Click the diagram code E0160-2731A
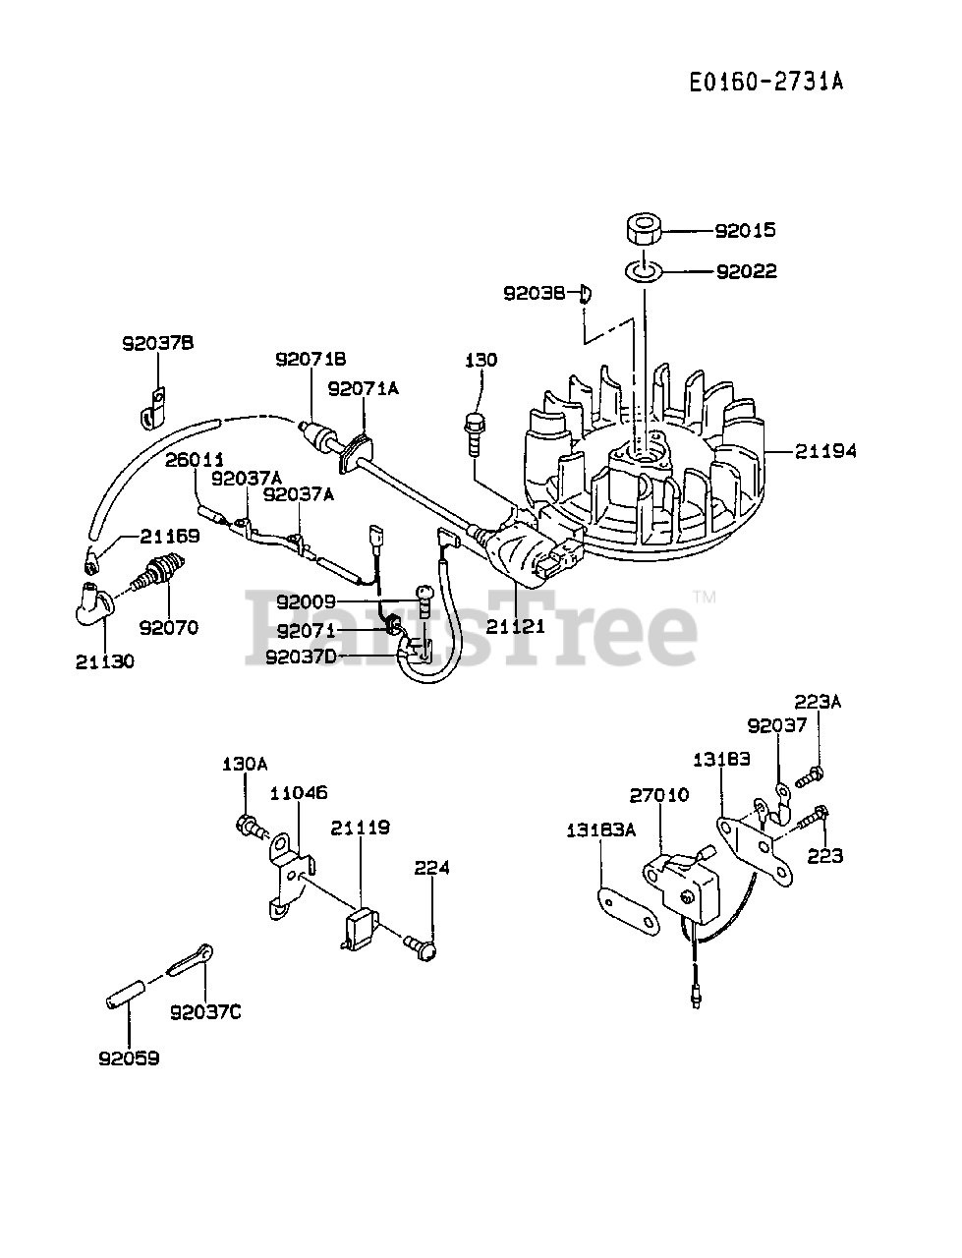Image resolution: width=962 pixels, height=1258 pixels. (x=765, y=82)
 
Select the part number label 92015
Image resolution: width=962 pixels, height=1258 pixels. (x=745, y=230)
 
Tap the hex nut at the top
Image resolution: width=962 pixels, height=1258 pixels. (x=644, y=231)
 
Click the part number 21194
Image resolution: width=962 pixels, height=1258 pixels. (x=825, y=451)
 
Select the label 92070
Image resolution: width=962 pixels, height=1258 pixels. (x=168, y=627)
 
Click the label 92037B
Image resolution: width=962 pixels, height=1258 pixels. (x=157, y=343)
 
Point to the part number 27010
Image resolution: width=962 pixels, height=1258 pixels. (x=659, y=794)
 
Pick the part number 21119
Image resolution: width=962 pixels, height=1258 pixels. (x=360, y=828)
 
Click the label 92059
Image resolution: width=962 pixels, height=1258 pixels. (x=129, y=1058)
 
